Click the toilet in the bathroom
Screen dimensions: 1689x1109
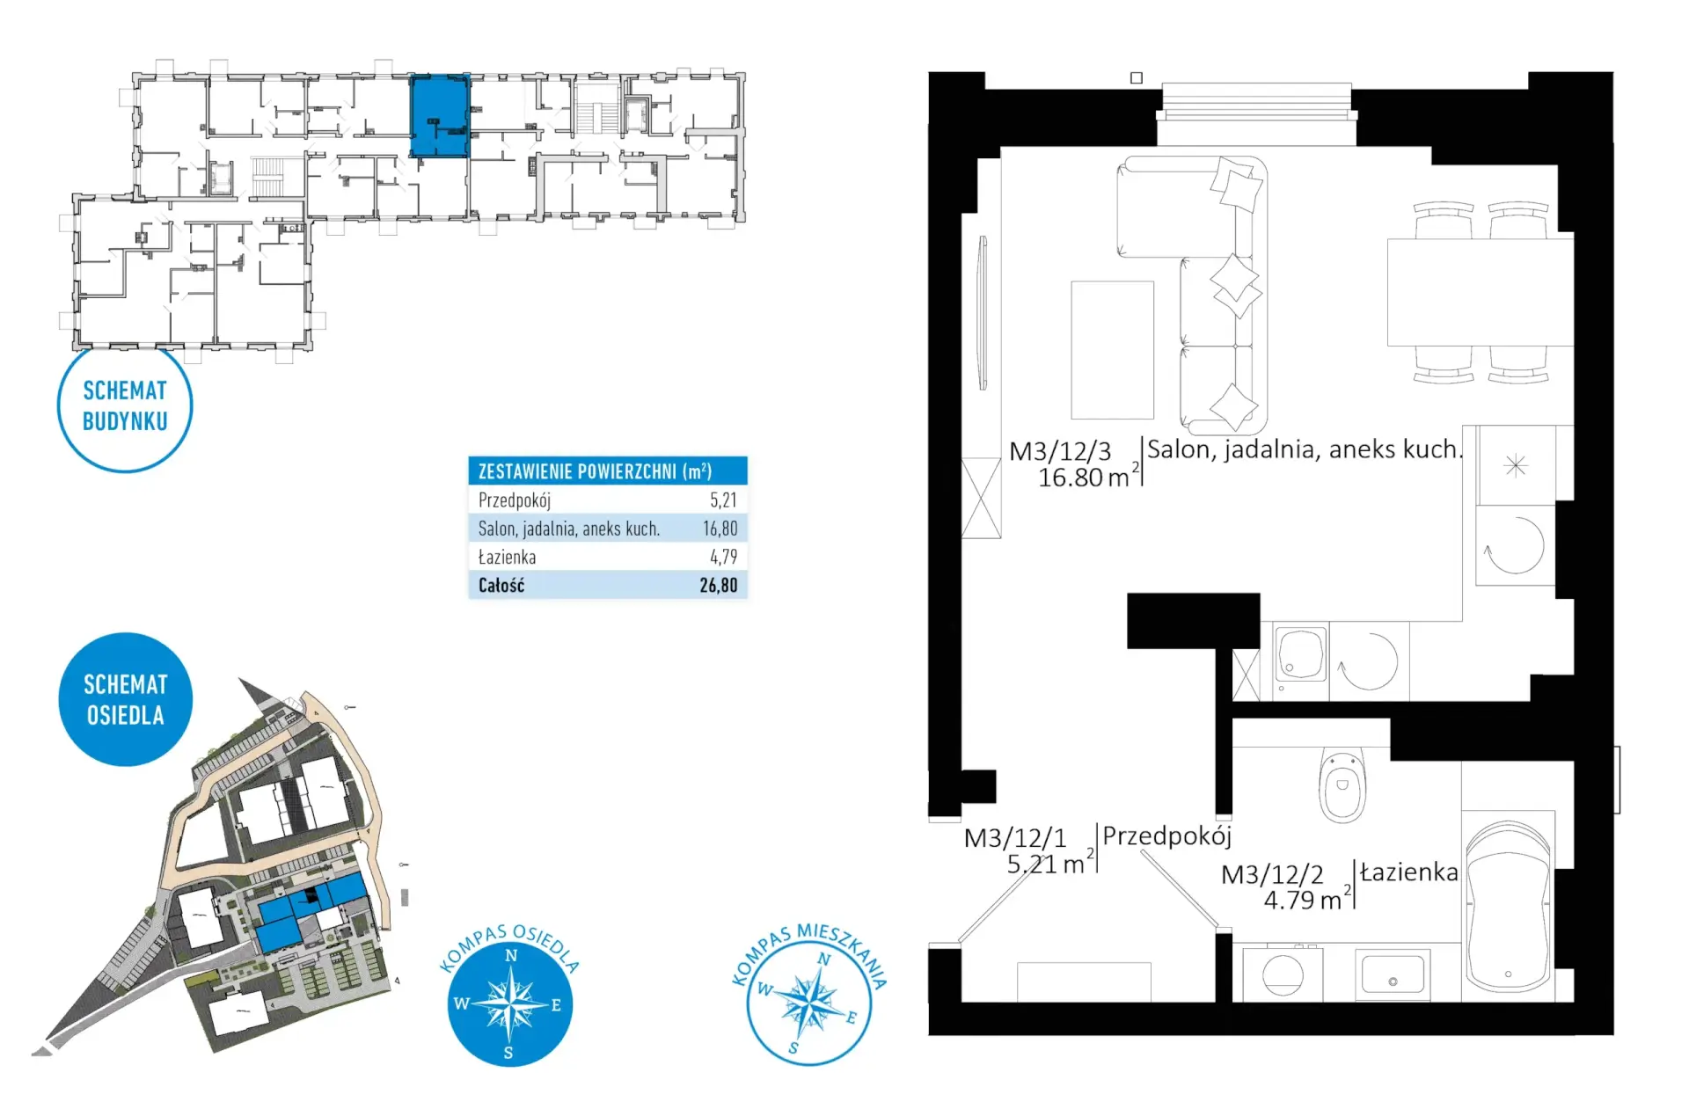(x=1342, y=785)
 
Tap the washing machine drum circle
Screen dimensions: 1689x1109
(x=1283, y=974)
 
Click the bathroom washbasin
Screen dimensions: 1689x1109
(x=1393, y=974)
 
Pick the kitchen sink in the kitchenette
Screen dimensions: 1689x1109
(x=1300, y=653)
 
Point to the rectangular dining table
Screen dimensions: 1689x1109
(x=1480, y=291)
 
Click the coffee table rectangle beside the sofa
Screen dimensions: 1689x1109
(x=1112, y=350)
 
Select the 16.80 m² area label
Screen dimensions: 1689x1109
(x=1088, y=477)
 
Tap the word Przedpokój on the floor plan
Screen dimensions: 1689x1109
(x=1166, y=835)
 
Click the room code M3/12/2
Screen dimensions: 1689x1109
(x=1272, y=874)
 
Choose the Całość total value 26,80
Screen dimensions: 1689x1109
(x=719, y=585)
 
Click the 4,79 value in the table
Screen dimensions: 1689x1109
(x=724, y=557)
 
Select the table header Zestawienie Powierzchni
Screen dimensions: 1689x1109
(x=595, y=471)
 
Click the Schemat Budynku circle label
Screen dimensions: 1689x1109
(x=125, y=406)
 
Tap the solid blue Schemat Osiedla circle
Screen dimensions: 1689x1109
(x=125, y=699)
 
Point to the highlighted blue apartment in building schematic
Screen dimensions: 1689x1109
(x=440, y=116)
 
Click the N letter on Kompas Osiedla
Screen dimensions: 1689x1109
(x=511, y=956)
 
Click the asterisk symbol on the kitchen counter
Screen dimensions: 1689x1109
(x=1516, y=465)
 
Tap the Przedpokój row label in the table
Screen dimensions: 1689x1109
(x=515, y=500)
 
